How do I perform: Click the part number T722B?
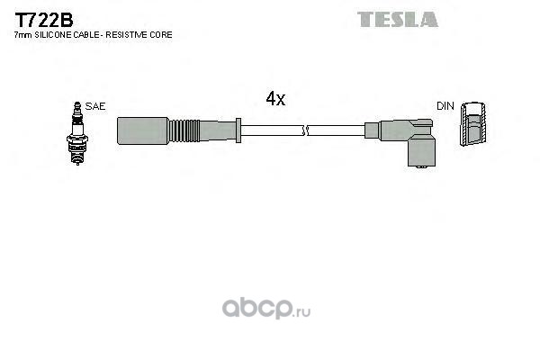[44, 21]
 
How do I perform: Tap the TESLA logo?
[398, 19]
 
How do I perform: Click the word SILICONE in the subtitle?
[52, 35]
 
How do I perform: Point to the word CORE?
[161, 35]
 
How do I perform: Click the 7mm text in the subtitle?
[23, 35]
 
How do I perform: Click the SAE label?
[95, 106]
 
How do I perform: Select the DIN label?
[445, 106]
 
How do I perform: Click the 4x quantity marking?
[275, 98]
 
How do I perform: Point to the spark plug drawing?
[77, 133]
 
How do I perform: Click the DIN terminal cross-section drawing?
[473, 123]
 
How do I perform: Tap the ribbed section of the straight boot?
[184, 130]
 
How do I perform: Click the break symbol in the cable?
[304, 130]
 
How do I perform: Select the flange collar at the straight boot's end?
[238, 130]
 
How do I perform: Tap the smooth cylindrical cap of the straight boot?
[142, 130]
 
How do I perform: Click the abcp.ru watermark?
[266, 308]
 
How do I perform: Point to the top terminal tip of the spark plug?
[77, 104]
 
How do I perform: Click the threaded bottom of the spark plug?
[77, 156]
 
